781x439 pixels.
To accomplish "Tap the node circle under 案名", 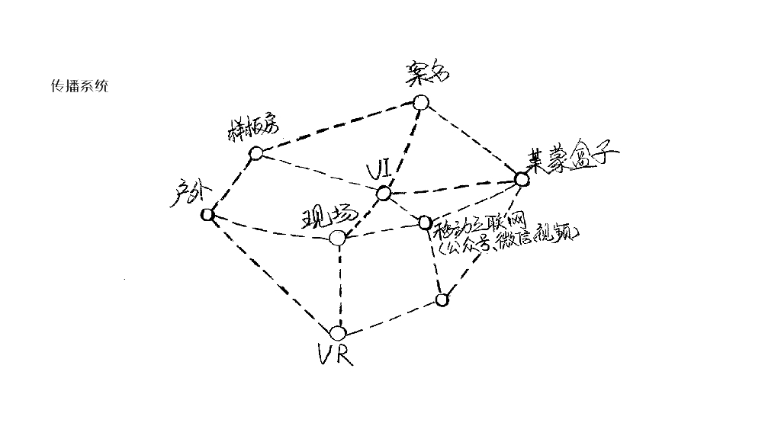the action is coord(420,102).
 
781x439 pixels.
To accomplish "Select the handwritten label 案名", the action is coord(427,73).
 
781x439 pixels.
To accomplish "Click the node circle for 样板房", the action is coord(256,153).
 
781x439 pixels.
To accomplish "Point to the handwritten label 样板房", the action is coord(251,130).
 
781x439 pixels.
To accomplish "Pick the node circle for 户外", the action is coord(207,215).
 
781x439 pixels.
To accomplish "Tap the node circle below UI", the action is coord(383,194).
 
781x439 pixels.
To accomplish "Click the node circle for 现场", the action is coord(338,239).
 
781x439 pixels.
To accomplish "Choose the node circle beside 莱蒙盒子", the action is coord(521,180).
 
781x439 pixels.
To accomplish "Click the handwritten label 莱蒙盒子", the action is coord(573,160).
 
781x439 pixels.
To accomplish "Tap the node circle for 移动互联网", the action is coord(425,223).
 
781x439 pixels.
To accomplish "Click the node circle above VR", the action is coord(338,333).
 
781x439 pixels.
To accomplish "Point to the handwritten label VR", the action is coord(336,355).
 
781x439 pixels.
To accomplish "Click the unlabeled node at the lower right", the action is coord(442,299).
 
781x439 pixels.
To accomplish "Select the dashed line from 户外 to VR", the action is coord(272,274).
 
